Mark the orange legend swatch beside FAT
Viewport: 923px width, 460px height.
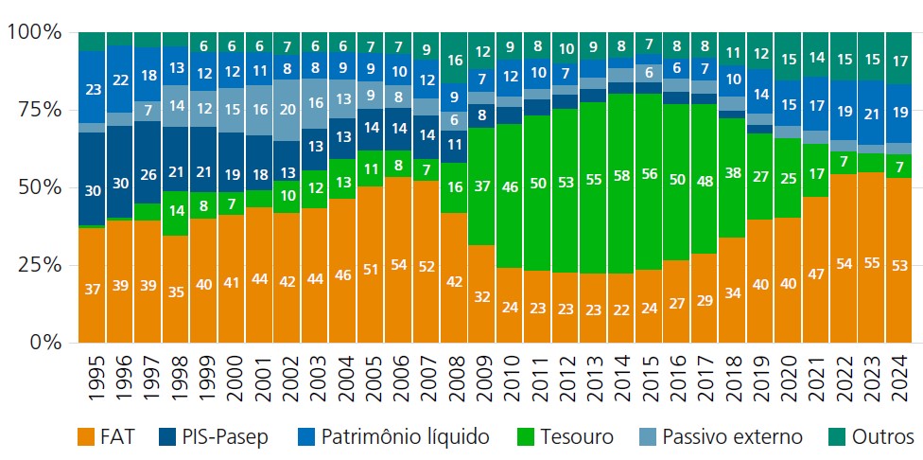pyautogui.click(x=86, y=436)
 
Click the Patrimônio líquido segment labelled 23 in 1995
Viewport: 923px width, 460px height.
pyautogui.click(x=92, y=91)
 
